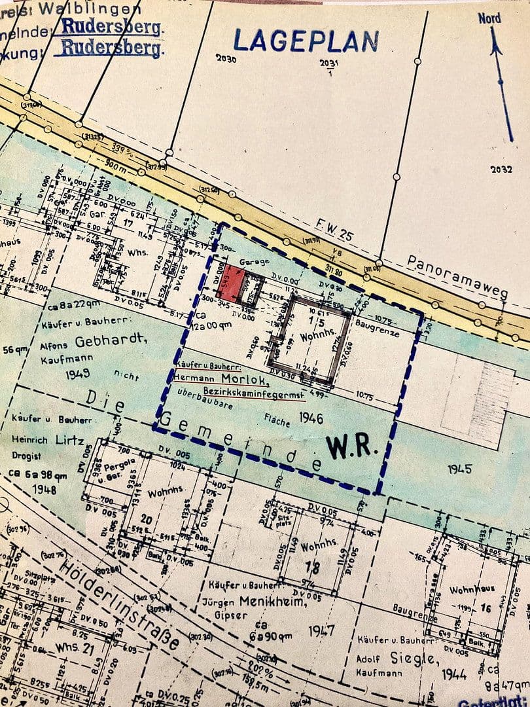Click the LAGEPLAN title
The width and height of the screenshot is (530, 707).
306,41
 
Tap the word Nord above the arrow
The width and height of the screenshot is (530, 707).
489,18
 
